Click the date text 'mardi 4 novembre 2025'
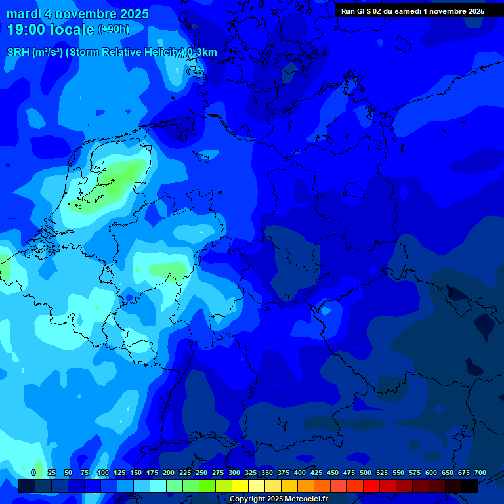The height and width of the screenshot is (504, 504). [x=77, y=14]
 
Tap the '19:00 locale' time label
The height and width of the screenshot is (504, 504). [x=51, y=30]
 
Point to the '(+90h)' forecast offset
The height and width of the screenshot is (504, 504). [x=114, y=30]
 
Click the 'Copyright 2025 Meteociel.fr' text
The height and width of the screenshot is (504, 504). [x=278, y=499]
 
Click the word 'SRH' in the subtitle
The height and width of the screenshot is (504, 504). [x=18, y=52]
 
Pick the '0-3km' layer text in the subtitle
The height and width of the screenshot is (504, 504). [x=202, y=52]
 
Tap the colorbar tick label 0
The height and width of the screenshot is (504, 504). [x=33, y=473]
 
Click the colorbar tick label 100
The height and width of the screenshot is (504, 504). [x=102, y=473]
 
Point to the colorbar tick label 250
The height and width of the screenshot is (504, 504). [x=201, y=473]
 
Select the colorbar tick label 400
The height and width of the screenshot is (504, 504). [x=300, y=473]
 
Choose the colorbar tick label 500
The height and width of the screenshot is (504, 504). [x=366, y=473]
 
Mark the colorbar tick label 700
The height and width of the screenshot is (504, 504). [x=480, y=473]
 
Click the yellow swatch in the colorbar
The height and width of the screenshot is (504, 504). [x=240, y=486]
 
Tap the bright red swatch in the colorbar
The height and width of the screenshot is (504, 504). [x=371, y=486]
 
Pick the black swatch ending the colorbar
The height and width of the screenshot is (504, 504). [x=470, y=486]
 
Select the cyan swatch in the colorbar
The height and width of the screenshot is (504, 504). [x=158, y=486]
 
